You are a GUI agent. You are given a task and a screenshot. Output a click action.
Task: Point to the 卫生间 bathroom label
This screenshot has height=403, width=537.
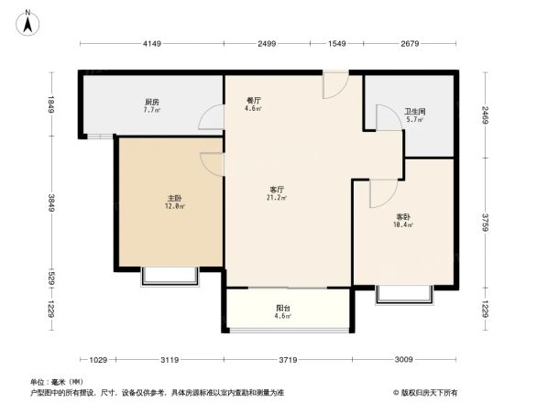point(415,113)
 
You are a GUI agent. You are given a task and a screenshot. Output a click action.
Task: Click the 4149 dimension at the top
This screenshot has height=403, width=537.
point(151,44)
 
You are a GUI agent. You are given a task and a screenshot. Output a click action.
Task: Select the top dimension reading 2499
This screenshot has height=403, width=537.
point(267,44)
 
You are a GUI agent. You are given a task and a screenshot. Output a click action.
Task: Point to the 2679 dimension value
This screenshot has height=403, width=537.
point(410,44)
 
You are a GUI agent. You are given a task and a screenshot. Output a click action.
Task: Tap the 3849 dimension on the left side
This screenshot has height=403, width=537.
point(52,202)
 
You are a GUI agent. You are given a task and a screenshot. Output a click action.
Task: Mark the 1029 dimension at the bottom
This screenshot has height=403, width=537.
point(100,359)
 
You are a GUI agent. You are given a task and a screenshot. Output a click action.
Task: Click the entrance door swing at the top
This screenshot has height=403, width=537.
point(334,85)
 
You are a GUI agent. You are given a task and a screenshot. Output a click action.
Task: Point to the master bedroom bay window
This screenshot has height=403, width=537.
point(169,277)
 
